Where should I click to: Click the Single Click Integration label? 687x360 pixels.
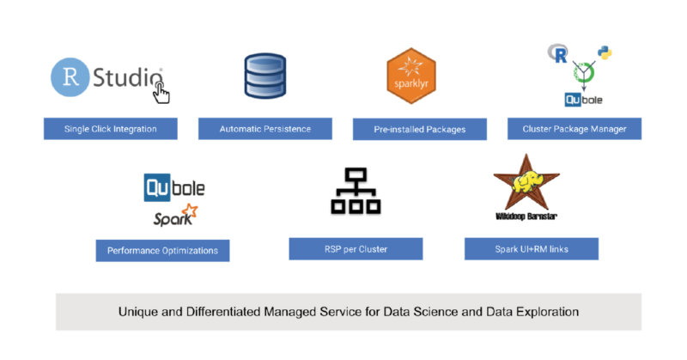(x=111, y=129)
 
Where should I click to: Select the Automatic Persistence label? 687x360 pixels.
(x=264, y=129)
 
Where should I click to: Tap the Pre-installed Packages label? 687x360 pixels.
(x=419, y=130)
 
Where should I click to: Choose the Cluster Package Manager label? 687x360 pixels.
(x=574, y=129)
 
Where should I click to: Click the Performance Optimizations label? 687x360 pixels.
(x=162, y=251)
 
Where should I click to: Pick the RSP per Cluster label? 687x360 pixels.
(x=356, y=249)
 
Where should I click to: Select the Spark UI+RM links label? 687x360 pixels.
(x=531, y=249)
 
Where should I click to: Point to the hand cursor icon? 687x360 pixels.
(x=161, y=91)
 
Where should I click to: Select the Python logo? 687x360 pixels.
(x=605, y=53)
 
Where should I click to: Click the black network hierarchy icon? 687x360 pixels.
(x=355, y=191)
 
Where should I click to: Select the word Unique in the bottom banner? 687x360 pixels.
(x=138, y=311)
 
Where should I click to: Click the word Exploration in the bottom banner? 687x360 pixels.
(x=545, y=311)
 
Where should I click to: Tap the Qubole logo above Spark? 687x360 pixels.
(x=174, y=186)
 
